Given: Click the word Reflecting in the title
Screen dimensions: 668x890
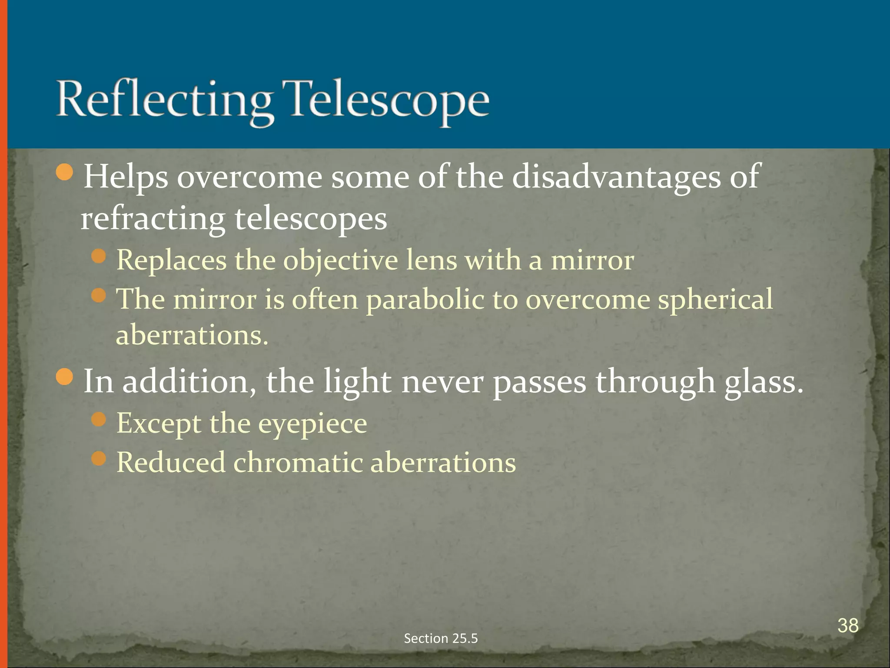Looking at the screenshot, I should [165, 100].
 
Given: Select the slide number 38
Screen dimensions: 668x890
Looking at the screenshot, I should [848, 626].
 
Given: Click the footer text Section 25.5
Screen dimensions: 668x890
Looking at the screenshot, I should [441, 638].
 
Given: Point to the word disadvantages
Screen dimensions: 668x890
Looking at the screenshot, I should [616, 177].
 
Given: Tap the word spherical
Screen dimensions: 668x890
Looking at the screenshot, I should [715, 300].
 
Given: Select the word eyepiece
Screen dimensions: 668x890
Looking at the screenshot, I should [312, 424].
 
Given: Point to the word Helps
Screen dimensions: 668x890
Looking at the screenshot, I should [126, 177].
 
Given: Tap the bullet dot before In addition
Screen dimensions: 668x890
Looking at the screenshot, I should [65, 377].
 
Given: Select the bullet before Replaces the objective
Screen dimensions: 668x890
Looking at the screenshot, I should [99, 256].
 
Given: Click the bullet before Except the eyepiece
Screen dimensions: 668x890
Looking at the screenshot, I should [99, 420].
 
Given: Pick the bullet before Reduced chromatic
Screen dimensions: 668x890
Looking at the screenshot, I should [99, 458].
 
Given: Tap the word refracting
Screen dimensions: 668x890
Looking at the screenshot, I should [153, 219].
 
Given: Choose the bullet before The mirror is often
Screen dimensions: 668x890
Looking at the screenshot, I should [99, 296].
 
